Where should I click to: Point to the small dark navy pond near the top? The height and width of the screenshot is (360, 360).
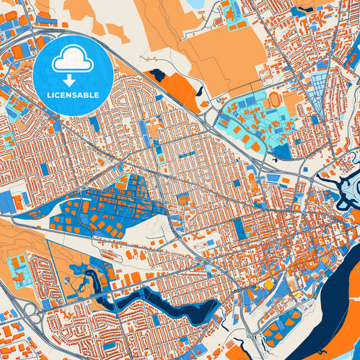point(157,74)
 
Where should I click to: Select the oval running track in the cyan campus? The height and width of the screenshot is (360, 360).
point(275,99)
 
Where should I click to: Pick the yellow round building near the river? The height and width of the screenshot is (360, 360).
point(269,285)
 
